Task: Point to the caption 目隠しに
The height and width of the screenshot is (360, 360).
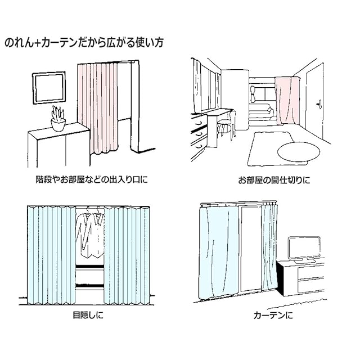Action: [x=88, y=314]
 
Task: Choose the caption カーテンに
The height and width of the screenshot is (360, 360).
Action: [x=273, y=314]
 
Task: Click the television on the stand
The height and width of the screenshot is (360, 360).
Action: [x=304, y=248]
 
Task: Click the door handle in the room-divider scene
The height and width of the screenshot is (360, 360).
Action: [x=319, y=103]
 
